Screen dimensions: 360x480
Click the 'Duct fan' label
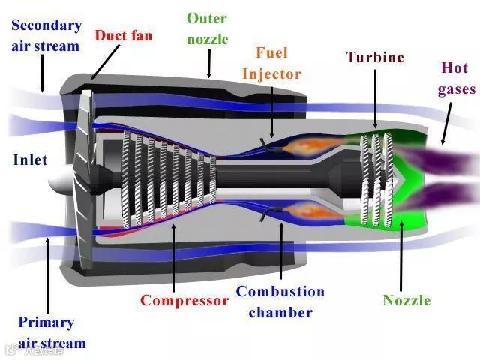point(123,35)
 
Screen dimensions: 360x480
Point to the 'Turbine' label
point(375,57)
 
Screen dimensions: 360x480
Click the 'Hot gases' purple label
point(457,78)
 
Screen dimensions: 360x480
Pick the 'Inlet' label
point(30,160)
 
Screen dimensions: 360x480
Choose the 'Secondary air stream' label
point(46,35)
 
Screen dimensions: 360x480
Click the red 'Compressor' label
point(184,301)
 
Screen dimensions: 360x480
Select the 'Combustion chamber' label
point(280,301)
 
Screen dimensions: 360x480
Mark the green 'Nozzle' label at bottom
point(406,301)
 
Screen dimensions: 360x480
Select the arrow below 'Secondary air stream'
point(43,75)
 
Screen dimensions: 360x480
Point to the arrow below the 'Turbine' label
point(375,97)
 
